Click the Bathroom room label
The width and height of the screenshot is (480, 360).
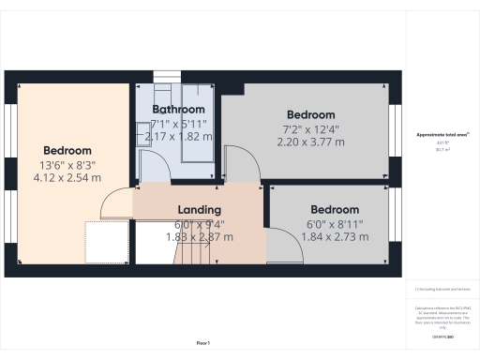[178, 110]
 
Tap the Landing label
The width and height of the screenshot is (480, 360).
[199, 209]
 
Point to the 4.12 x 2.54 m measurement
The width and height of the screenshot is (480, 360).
[67, 177]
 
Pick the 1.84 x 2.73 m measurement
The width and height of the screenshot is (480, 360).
[335, 237]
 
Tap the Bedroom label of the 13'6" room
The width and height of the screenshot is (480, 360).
[67, 150]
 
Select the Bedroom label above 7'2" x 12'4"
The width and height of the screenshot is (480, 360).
[310, 113]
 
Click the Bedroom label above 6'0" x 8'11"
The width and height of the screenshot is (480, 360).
[335, 209]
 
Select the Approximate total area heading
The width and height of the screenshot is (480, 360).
[442, 136]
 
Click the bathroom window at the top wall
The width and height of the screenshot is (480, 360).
[165, 79]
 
